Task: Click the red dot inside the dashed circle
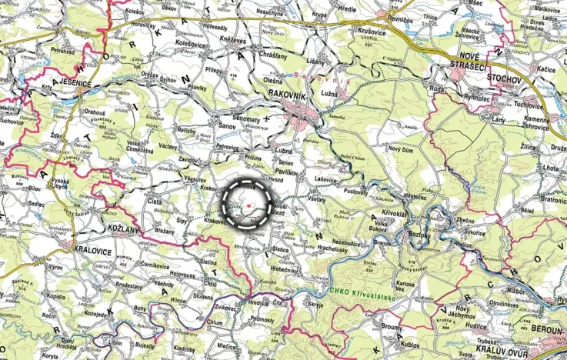tap(249, 207)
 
